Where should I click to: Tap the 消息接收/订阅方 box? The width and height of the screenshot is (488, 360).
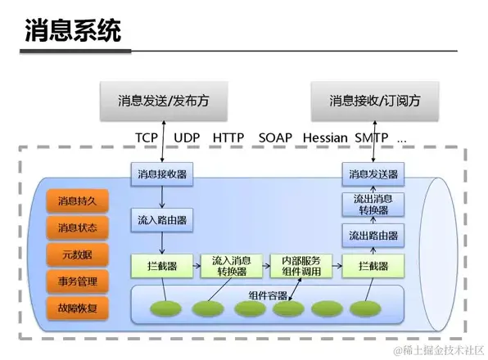375,101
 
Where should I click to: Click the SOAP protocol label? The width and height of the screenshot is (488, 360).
274,138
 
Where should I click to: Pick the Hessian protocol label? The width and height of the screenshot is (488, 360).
324,138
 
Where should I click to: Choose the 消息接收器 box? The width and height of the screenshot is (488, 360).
160,174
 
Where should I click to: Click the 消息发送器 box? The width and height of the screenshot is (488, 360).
373,174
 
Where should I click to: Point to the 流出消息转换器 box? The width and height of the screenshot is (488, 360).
373,205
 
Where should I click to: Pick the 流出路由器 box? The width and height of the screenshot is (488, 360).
373,236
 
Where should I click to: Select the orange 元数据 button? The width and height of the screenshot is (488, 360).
77,254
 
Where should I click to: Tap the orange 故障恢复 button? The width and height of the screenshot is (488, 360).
77,309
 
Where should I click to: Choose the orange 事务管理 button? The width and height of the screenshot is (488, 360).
77,282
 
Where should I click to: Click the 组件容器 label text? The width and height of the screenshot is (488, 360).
267,294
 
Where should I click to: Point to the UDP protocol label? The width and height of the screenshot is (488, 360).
188,138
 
